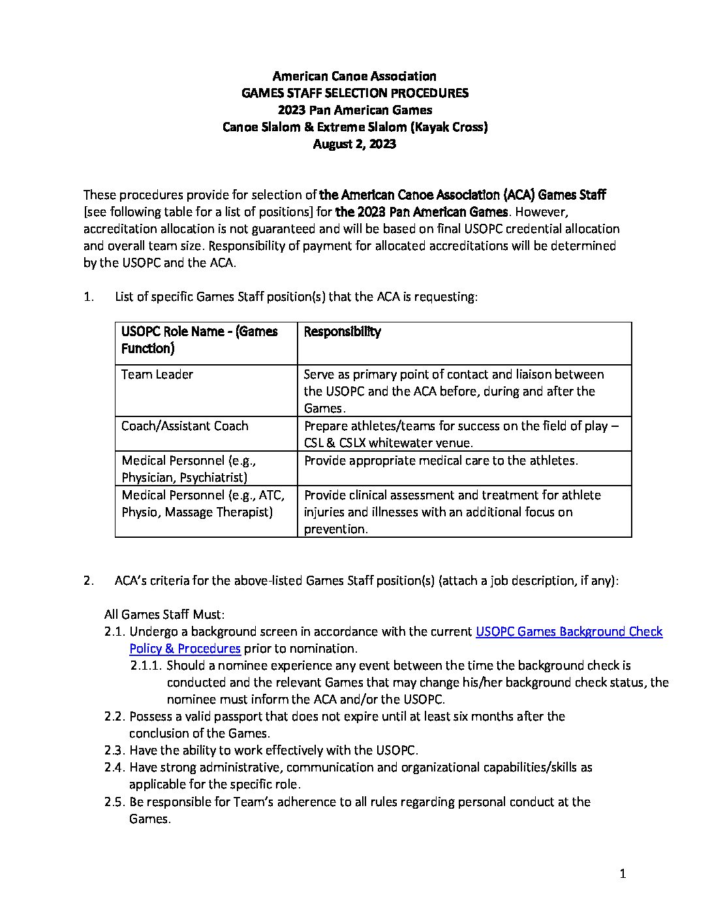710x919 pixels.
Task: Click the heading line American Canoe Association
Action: point(354,76)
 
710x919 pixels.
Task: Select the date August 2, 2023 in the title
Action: point(354,144)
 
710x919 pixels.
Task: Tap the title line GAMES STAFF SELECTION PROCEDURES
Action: point(354,93)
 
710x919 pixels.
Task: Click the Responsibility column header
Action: point(342,332)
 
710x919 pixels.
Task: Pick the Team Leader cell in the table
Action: point(157,375)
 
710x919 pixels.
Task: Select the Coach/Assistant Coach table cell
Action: point(185,426)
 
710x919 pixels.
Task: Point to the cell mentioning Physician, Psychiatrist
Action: point(189,469)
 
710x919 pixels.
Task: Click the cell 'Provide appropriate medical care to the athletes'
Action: point(441,461)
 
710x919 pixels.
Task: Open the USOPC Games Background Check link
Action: point(568,632)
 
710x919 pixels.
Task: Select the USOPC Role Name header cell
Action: point(199,340)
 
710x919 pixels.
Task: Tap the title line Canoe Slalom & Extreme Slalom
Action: point(354,127)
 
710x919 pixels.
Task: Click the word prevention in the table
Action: point(335,529)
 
